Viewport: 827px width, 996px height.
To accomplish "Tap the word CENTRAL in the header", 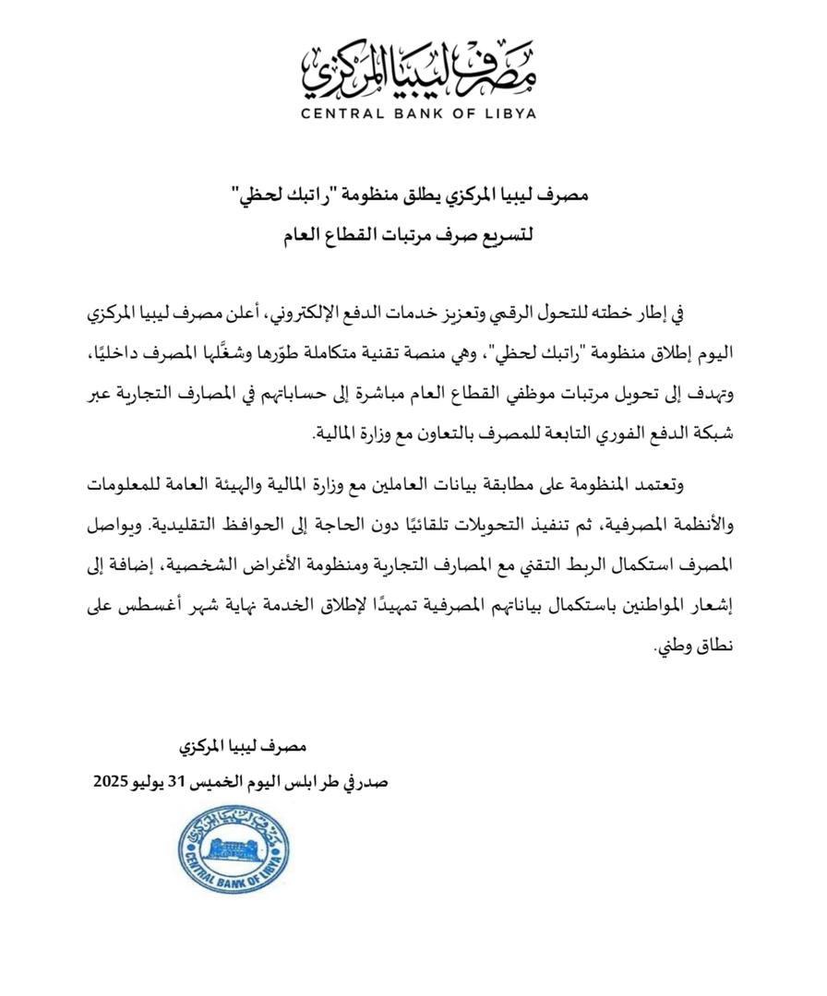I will click(343, 114).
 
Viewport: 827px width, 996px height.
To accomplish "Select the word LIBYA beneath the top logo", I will click(509, 114).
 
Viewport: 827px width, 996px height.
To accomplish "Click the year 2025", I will click(114, 782).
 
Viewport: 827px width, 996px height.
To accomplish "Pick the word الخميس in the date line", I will click(230, 782).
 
